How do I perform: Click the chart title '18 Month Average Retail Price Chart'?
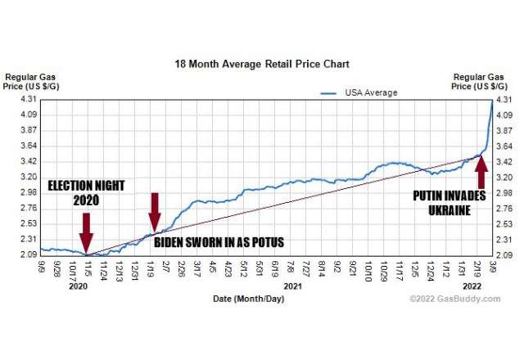pyautogui.click(x=261, y=63)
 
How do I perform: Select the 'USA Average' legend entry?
pyautogui.click(x=369, y=92)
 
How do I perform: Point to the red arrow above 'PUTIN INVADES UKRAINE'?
pyautogui.click(x=481, y=169)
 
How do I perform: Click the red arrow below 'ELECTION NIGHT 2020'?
pyautogui.click(x=86, y=235)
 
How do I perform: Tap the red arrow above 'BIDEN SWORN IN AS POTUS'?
pyautogui.click(x=155, y=212)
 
